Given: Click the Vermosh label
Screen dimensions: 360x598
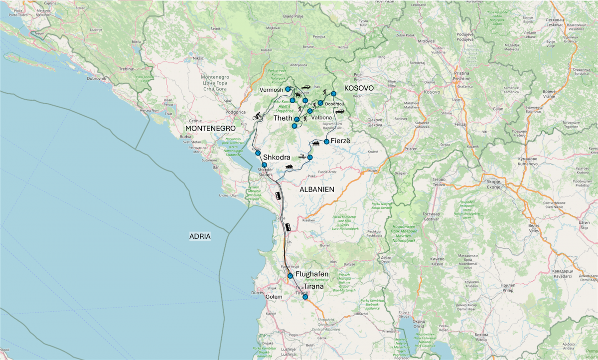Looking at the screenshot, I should (272, 90).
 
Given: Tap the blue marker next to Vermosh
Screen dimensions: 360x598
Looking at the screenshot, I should (288, 89).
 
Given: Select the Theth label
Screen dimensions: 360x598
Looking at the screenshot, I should (283, 119).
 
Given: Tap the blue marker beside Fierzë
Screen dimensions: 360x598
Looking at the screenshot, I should (326, 142).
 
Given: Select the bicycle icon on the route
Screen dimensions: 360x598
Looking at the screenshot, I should (258, 117).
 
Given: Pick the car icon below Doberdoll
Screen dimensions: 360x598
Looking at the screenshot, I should (339, 111).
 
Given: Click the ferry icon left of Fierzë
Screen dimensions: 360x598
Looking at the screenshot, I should (315, 144).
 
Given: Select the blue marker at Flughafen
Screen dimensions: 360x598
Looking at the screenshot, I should (290, 276).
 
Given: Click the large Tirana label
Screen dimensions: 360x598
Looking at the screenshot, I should (310, 287).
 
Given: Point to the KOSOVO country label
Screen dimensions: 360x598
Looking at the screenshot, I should (359, 88).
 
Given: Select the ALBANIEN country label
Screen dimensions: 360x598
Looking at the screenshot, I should (316, 189).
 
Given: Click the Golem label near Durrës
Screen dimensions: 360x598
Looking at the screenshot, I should (274, 297).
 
